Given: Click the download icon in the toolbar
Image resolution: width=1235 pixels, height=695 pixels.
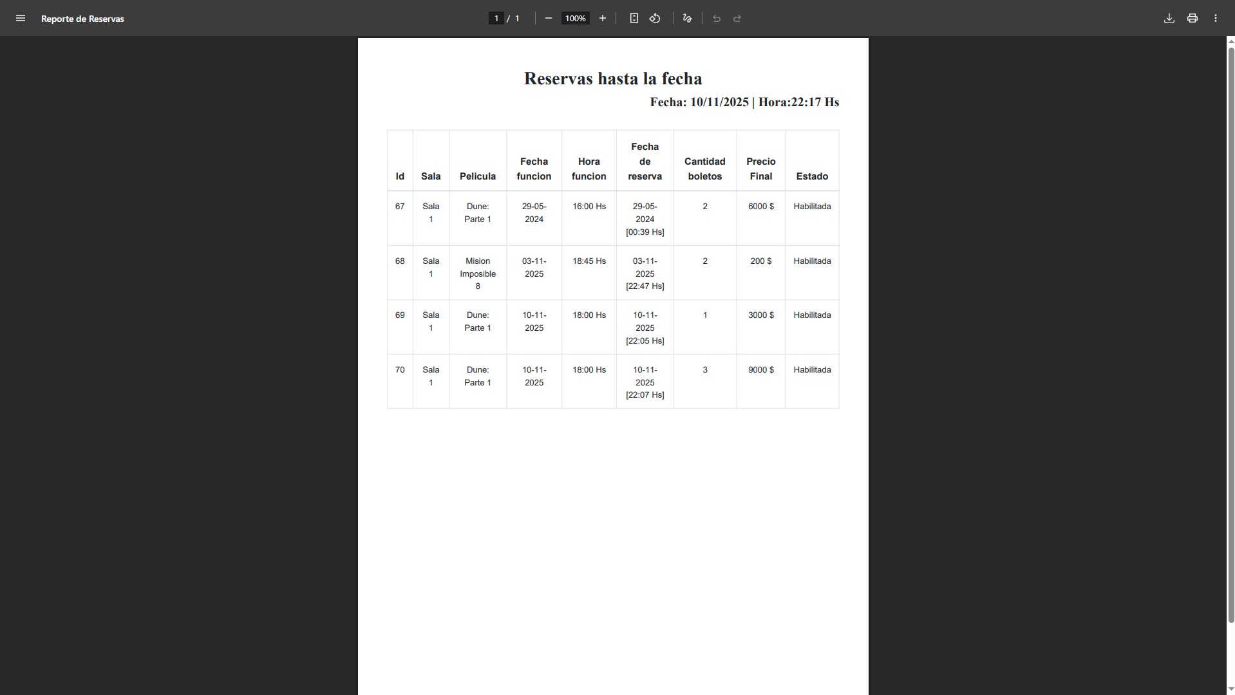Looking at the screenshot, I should pyautogui.click(x=1169, y=19).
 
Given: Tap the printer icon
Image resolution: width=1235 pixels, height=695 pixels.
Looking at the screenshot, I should pyautogui.click(x=1192, y=19).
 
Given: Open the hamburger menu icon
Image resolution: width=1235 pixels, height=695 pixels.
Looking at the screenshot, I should pyautogui.click(x=21, y=19).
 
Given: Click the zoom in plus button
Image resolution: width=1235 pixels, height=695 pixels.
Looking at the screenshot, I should pyautogui.click(x=602, y=19).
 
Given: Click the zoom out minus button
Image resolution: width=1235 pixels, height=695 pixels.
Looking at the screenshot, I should pyautogui.click(x=548, y=19).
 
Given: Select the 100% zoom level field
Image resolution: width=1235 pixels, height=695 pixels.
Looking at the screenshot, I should pyautogui.click(x=575, y=19).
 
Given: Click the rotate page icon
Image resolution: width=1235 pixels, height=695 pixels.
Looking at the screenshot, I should pyautogui.click(x=655, y=19).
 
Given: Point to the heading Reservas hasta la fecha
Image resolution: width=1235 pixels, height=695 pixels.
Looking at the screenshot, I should pyautogui.click(x=612, y=79).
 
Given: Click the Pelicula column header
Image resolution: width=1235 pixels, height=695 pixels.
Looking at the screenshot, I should pyautogui.click(x=477, y=176).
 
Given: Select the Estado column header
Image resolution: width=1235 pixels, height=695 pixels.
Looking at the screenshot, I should pyautogui.click(x=811, y=176).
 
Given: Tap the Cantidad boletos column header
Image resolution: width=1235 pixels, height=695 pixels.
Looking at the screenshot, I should pyautogui.click(x=704, y=169).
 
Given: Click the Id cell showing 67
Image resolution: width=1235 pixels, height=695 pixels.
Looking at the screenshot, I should pyautogui.click(x=400, y=207).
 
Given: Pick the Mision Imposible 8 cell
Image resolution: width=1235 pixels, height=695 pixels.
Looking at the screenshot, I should pyautogui.click(x=477, y=273).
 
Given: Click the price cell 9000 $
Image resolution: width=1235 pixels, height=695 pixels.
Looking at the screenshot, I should pyautogui.click(x=760, y=370).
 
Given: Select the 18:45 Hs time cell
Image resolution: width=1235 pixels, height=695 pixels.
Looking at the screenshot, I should pyautogui.click(x=589, y=261).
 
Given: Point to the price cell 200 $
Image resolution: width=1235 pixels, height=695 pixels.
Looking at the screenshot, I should pyautogui.click(x=760, y=261).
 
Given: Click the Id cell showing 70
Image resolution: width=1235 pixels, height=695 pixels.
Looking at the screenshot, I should pyautogui.click(x=400, y=370).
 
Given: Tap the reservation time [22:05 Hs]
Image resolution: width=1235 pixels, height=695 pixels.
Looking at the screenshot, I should pyautogui.click(x=645, y=341).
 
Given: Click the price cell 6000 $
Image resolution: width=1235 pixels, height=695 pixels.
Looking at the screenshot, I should pyautogui.click(x=760, y=207).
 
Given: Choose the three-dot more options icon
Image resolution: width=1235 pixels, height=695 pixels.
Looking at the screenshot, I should pyautogui.click(x=1215, y=19).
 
